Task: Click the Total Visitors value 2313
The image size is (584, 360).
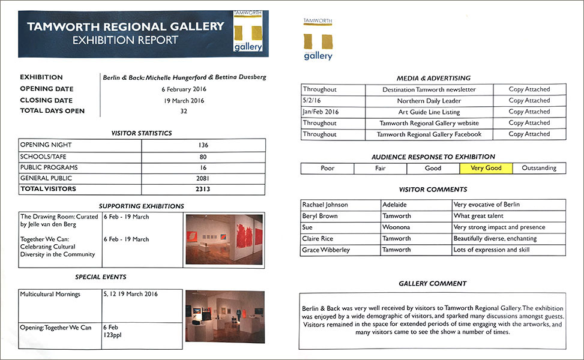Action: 202,189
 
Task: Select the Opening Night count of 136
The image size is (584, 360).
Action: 202,145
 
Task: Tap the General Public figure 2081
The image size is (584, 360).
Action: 202,178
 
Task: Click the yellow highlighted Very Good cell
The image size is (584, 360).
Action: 486,168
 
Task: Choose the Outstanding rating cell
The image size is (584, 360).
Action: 539,168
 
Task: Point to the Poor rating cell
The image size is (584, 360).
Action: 327,168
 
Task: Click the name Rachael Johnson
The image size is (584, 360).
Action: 325,205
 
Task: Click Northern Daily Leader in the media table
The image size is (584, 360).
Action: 429,101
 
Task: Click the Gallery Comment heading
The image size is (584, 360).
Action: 432,283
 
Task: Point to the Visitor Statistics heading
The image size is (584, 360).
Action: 142,133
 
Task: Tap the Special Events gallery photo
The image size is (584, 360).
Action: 224,316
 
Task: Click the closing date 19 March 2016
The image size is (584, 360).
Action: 184,101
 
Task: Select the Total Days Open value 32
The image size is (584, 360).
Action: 184,111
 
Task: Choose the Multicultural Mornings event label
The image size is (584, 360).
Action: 50,295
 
